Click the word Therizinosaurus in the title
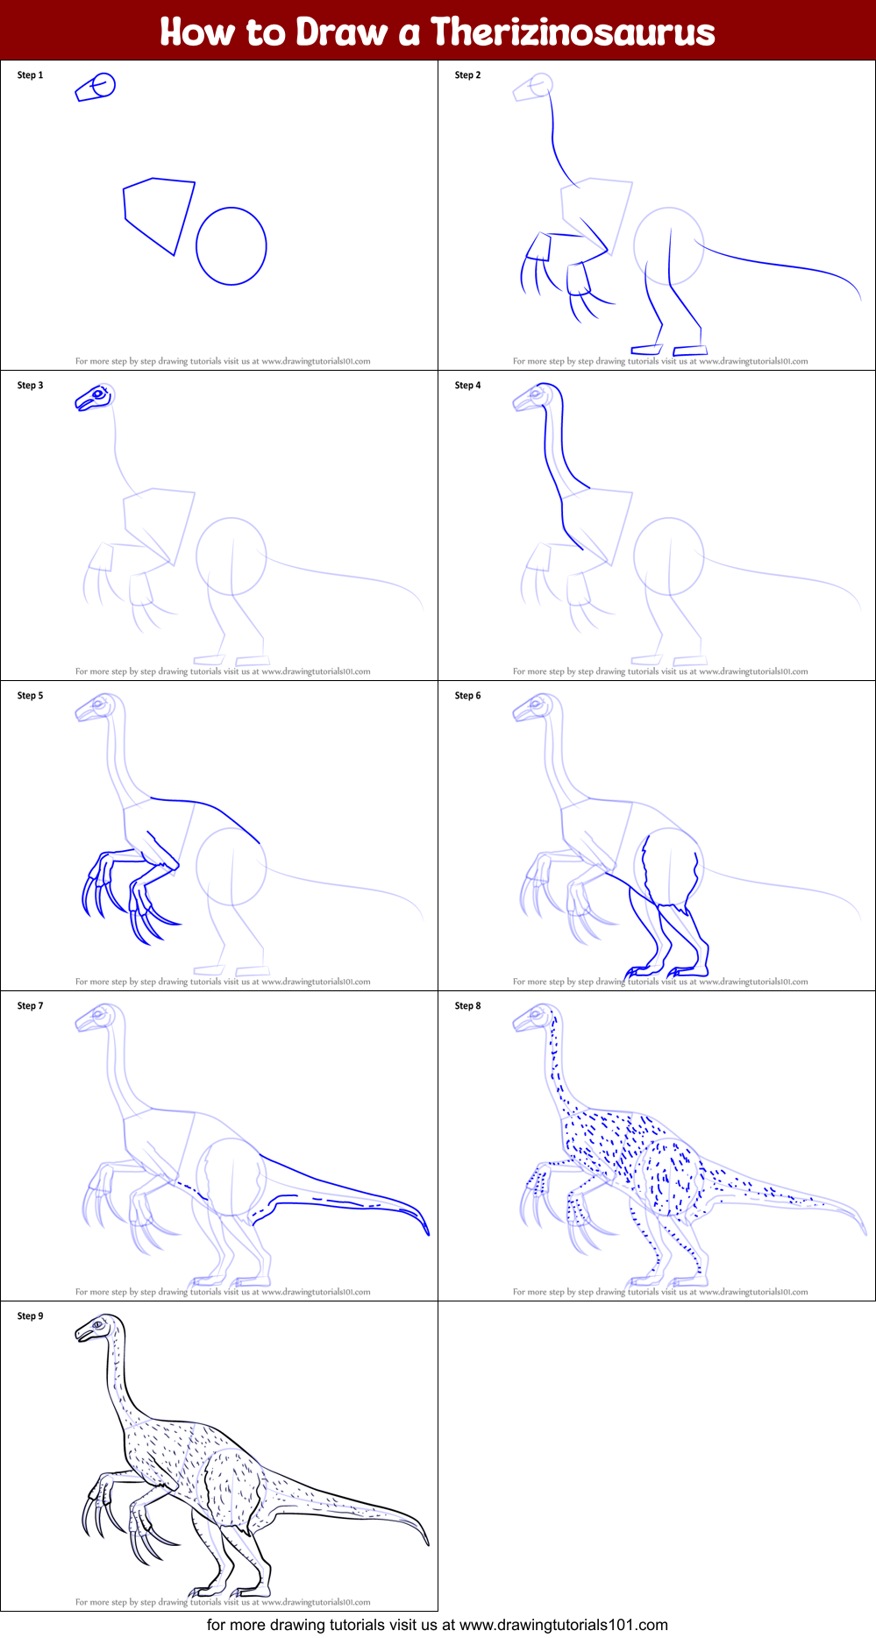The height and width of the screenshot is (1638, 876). [x=573, y=32]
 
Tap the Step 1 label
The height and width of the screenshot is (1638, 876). [x=30, y=75]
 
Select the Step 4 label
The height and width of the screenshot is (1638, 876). [x=467, y=386]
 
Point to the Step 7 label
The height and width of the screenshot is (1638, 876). [x=30, y=1006]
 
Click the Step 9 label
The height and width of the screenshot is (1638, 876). [x=30, y=1316]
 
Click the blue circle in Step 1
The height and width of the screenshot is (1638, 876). [x=231, y=246]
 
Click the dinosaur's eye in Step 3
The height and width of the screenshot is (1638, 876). [x=98, y=395]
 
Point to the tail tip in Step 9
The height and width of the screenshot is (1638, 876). [x=427, y=1543]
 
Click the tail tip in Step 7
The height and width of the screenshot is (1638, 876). [x=427, y=1233]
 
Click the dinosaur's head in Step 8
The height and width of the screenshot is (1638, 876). [x=533, y=1018]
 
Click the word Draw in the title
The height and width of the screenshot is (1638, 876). [x=341, y=32]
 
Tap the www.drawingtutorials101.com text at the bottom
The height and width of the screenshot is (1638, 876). [x=564, y=1625]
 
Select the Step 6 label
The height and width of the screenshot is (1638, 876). [x=467, y=696]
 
